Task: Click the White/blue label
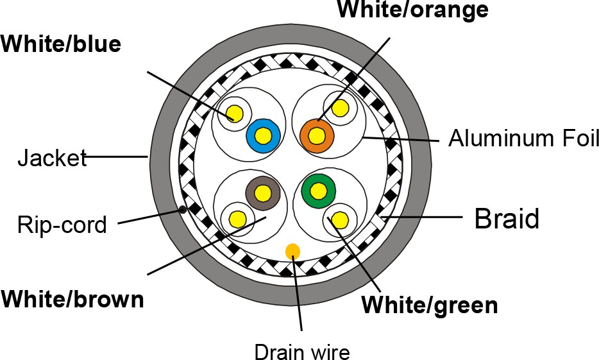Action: coord(60,44)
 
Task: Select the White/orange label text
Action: coord(412,10)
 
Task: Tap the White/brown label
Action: coord(72,300)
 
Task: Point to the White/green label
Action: coord(429,305)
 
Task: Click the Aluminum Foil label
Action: coord(523,138)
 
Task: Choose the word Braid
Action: coord(507,219)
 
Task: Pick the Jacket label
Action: coord(51,157)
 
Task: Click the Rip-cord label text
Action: coord(62,226)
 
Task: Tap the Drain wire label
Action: coord(301,352)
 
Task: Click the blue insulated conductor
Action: coord(262,135)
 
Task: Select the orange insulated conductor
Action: coord(317,135)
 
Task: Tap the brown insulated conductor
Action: coord(262,192)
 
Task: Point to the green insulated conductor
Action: coord(317,191)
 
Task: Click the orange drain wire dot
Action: coord(293,251)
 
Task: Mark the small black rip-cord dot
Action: coord(183,209)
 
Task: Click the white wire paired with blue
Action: coord(235,114)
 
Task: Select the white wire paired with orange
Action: coord(339,107)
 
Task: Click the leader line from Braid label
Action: coord(423,218)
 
